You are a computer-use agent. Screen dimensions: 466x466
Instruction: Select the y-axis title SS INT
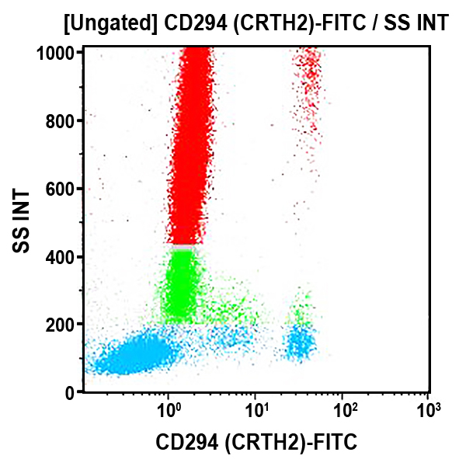pyautogui.click(x=23, y=221)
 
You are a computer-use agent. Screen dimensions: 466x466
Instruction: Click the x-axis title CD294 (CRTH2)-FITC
pyautogui.click(x=256, y=443)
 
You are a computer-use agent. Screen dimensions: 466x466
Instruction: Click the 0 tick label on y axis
pyautogui.click(x=70, y=393)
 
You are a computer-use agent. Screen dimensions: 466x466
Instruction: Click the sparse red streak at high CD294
pyautogui.click(x=308, y=85)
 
